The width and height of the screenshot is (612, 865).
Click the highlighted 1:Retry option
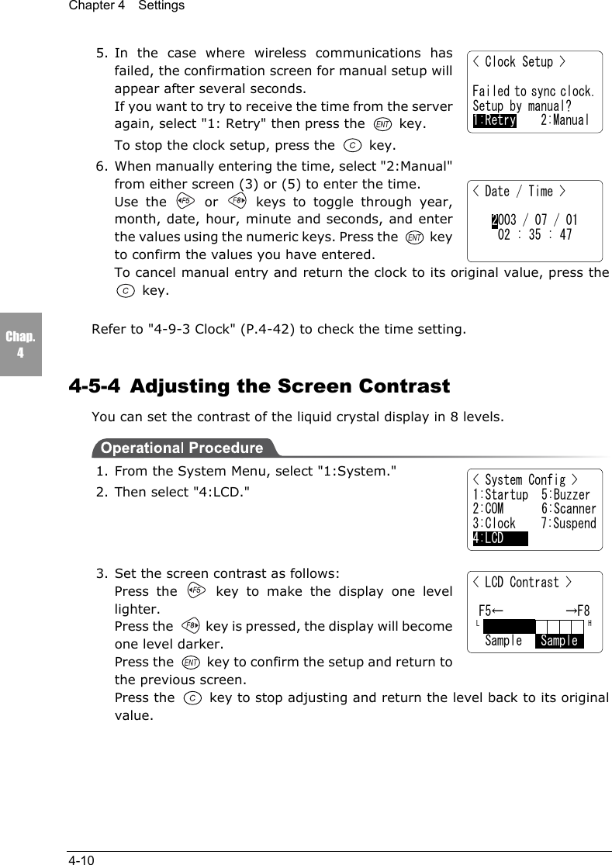coord(495,120)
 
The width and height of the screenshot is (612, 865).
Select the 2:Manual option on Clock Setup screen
coord(565,120)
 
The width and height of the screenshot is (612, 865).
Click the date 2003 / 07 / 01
coord(534,221)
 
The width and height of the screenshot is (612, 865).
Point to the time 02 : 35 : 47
coord(534,235)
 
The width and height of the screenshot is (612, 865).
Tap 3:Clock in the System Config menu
coord(494,524)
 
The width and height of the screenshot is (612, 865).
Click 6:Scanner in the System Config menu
coord(569,509)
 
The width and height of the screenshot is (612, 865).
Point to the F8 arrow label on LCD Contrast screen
coord(577,611)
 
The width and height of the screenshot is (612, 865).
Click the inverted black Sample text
coord(559,641)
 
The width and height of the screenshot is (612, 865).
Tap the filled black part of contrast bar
coord(509,626)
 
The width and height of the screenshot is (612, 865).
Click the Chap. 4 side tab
coord(20,344)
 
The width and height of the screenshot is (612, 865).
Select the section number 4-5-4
coord(95,386)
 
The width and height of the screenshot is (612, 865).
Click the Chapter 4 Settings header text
coord(126,6)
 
